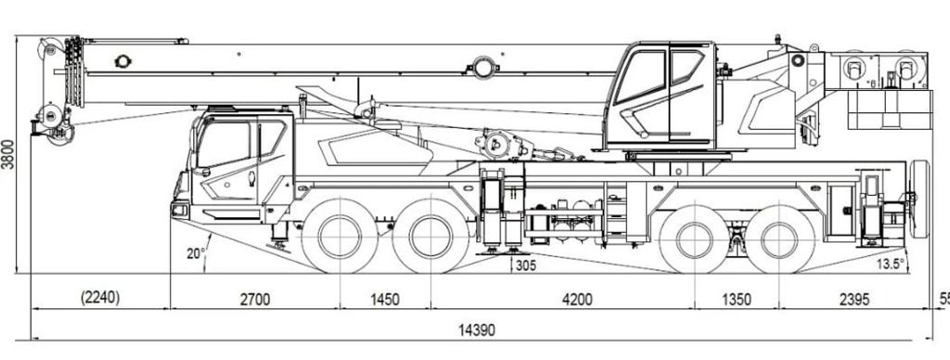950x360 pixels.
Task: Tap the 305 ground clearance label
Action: click(x=525, y=266)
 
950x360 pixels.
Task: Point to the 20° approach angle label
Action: click(x=196, y=252)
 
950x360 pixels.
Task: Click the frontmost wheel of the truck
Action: click(x=340, y=237)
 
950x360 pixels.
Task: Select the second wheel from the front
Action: click(x=430, y=237)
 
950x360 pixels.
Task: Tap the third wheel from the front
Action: click(x=695, y=238)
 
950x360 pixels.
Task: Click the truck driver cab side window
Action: click(x=225, y=146)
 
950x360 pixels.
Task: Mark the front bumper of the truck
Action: click(x=180, y=211)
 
